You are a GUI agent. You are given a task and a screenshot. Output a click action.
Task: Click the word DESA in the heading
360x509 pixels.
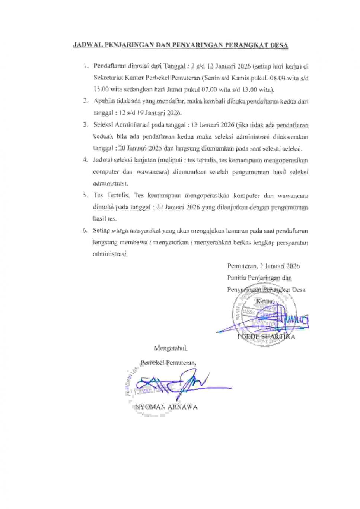(x=280, y=45)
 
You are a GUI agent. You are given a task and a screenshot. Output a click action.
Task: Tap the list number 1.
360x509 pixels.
(x=86, y=67)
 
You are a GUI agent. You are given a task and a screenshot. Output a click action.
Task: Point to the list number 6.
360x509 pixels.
(x=85, y=231)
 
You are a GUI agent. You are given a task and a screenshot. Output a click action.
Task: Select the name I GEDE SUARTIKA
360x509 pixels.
(x=267, y=337)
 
